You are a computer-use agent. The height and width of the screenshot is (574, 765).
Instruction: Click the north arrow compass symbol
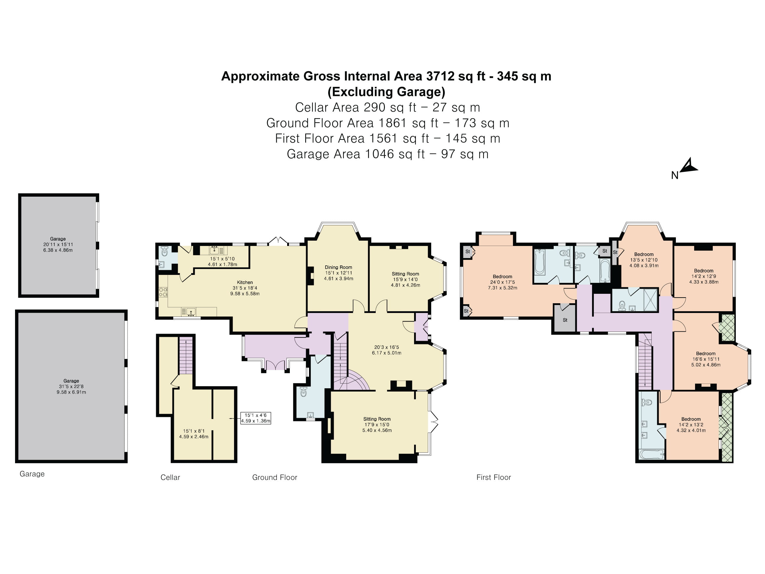688,167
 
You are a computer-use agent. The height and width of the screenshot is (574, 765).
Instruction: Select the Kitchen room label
245,282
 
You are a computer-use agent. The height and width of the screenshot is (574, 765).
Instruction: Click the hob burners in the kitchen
163,292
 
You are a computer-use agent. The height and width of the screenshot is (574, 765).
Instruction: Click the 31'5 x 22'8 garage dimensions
71,387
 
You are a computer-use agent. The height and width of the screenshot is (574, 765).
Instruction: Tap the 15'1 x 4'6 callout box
256,418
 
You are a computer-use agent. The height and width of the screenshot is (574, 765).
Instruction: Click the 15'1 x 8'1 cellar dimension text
194,431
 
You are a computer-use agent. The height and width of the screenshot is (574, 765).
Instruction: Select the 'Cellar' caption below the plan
170,477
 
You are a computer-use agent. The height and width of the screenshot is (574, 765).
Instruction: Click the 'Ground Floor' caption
274,477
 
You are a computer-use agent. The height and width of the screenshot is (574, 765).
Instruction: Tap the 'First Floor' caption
493,477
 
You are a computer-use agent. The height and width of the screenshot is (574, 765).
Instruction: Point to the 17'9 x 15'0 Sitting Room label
377,425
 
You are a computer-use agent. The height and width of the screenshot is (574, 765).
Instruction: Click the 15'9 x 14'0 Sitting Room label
405,279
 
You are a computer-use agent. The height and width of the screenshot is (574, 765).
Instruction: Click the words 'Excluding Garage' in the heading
386,92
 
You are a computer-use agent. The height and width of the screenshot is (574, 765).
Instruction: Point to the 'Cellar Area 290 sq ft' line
387,107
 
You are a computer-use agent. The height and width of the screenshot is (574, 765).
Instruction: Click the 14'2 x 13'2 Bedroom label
691,425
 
